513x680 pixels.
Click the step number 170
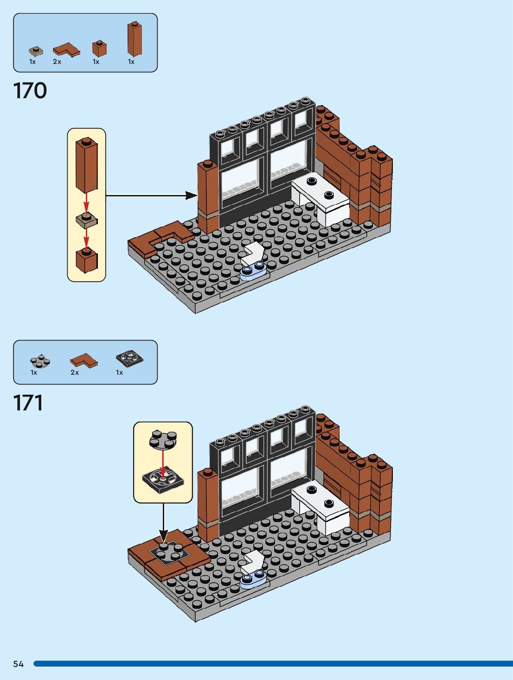coord(30,90)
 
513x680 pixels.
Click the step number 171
coord(28,403)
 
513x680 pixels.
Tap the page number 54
coord(18,664)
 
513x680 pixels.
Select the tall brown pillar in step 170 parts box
coord(134,40)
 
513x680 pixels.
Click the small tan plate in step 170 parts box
coord(35,51)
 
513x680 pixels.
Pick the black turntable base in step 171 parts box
coord(129,359)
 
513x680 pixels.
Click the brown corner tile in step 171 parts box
coord(84,360)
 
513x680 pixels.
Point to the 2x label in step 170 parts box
coord(57,62)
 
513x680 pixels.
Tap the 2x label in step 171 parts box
coord(75,372)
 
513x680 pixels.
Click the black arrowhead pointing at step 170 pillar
coord(192,195)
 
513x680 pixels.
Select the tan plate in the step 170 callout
coord(86,220)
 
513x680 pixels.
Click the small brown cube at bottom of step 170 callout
coord(86,260)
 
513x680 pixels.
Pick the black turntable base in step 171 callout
coord(163,479)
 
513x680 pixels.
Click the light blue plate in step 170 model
coord(253,271)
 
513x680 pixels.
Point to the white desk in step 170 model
coord(321,197)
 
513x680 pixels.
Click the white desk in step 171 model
coord(321,506)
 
